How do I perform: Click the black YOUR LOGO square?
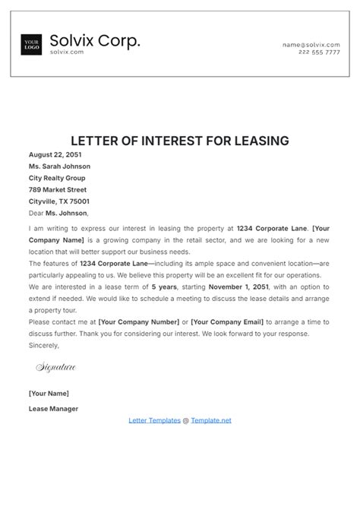31,45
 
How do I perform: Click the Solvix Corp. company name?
95,40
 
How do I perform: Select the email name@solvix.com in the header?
311,44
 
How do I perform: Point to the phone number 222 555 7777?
320,52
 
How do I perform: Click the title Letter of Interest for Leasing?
180,141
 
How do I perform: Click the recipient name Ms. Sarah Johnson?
59,166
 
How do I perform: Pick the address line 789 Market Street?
58,189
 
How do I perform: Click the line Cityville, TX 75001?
59,201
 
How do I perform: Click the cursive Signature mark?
56,368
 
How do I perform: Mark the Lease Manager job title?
53,408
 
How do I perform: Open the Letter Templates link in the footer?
155,420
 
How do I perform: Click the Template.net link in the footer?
211,420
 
